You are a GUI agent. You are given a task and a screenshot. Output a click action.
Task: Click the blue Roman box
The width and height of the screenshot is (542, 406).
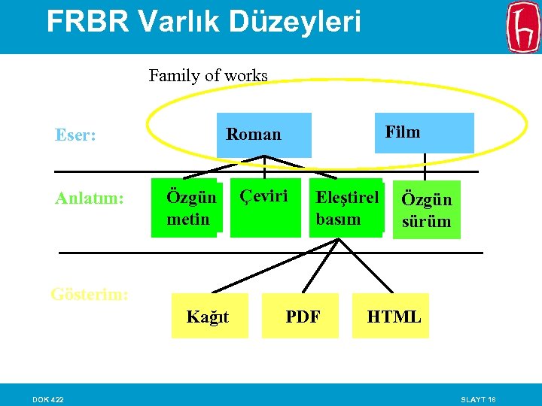pos(263,135)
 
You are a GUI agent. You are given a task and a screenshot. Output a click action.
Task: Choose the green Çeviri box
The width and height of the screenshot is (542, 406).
pos(265,208)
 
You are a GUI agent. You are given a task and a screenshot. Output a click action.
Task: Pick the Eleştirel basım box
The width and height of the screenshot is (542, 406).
pos(346,208)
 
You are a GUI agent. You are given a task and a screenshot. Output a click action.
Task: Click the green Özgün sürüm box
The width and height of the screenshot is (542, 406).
pos(427,210)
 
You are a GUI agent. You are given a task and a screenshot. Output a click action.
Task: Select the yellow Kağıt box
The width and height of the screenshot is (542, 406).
pos(209,317)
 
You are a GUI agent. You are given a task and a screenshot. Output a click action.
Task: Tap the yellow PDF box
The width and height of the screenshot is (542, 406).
pos(303,317)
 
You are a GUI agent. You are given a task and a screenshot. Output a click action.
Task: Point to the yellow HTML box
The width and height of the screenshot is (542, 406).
pos(393,317)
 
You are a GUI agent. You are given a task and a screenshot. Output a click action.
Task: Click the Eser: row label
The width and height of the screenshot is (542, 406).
pos(75,135)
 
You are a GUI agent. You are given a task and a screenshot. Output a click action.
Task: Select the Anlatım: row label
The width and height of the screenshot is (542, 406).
pos(89,198)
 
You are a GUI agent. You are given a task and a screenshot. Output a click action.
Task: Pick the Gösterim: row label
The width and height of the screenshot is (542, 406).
pos(90,294)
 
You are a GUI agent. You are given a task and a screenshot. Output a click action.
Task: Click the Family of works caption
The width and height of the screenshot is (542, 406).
pos(208,75)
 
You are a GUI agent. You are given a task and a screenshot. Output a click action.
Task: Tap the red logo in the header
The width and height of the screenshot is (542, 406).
pos(523,27)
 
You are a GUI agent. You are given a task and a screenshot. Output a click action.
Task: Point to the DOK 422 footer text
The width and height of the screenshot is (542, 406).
pos(47,398)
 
